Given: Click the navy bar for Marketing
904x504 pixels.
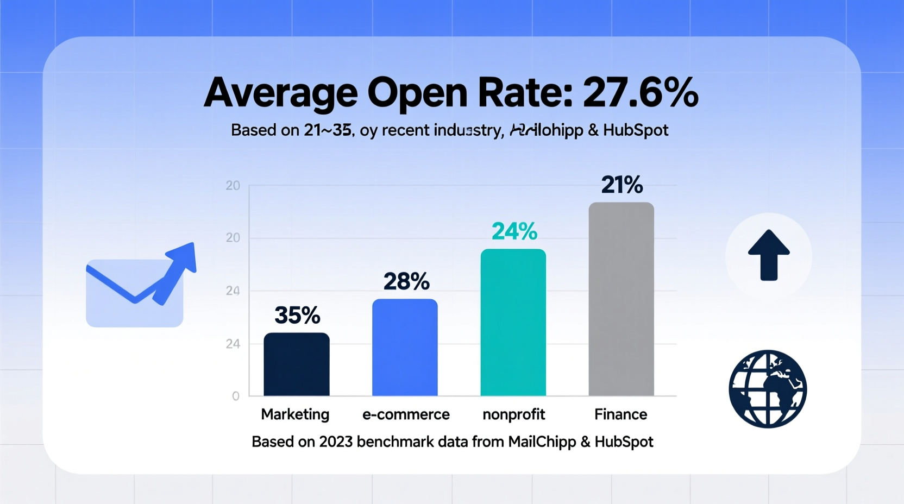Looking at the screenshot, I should [x=297, y=364].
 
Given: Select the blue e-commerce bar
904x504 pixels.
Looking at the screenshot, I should [x=405, y=348].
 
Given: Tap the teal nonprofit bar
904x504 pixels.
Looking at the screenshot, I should [x=513, y=323].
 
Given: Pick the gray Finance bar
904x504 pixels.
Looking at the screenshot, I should [x=621, y=299].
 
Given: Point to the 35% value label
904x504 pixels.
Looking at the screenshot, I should [x=297, y=316].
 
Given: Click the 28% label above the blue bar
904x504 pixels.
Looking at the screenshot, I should [x=406, y=282].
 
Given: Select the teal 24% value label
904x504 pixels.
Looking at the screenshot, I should [x=514, y=232].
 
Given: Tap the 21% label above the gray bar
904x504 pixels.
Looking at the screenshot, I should [x=622, y=185].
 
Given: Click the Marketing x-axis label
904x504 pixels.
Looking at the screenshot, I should [x=295, y=414].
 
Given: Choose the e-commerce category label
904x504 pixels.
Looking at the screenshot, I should [x=406, y=414].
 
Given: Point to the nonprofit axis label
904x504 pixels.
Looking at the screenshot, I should [x=513, y=414].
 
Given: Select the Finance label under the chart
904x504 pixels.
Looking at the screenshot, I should [x=620, y=414].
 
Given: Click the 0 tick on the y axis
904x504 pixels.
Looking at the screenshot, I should [x=236, y=396].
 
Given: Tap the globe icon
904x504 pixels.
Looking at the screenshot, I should [x=768, y=389].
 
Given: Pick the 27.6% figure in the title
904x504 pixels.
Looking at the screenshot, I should [x=641, y=93].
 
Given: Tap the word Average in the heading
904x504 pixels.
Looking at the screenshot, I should [x=280, y=93].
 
